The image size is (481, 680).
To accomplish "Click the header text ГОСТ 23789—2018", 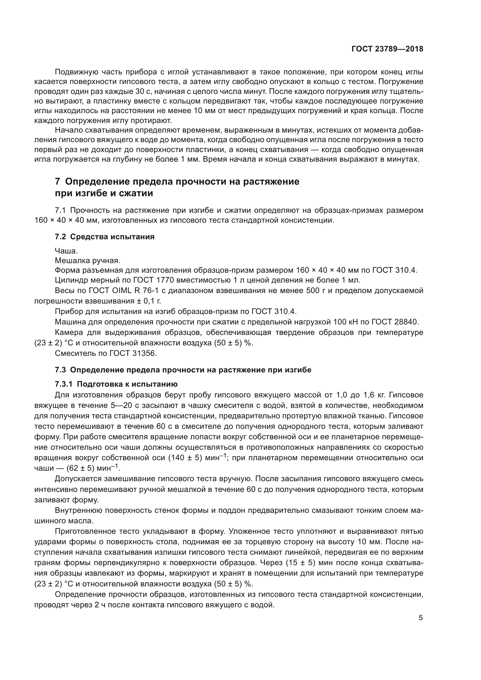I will point(387,49).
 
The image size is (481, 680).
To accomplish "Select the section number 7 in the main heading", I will point(58,181).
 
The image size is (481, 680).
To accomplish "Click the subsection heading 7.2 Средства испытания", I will point(105,237).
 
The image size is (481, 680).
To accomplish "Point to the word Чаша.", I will point(66,251).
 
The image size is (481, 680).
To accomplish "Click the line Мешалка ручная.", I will point(88,260).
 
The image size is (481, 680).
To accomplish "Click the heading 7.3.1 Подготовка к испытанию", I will point(116,384).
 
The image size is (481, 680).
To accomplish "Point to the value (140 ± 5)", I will point(185,458).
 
